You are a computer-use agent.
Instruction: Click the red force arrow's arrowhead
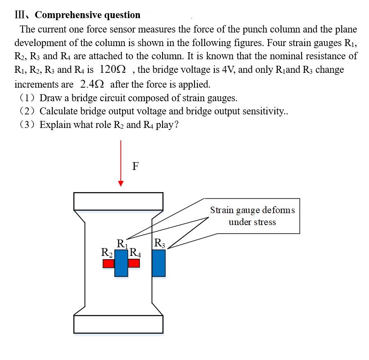pyautogui.click(x=121, y=183)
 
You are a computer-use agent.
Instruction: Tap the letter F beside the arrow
pyautogui.click(x=136, y=166)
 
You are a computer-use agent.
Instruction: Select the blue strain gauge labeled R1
pyautogui.click(x=121, y=263)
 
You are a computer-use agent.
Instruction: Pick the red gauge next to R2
pyautogui.click(x=108, y=263)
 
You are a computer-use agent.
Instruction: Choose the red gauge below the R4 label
pyautogui.click(x=134, y=263)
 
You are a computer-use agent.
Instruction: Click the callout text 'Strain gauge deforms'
pyautogui.click(x=252, y=210)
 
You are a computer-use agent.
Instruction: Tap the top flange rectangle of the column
pyautogui.click(x=118, y=201)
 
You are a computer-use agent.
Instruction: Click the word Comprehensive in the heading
pyautogui.click(x=69, y=15)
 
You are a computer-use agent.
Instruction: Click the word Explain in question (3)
pyautogui.click(x=55, y=125)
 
